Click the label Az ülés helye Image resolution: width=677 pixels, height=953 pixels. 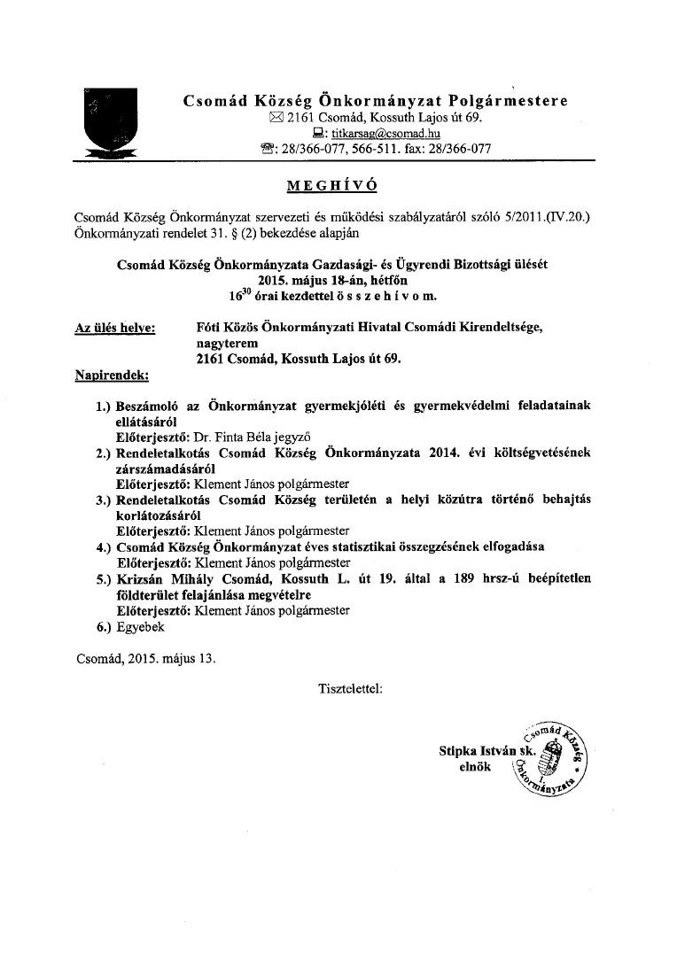point(115,328)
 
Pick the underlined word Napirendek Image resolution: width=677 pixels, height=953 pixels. point(111,375)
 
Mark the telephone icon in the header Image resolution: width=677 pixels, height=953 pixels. point(260,149)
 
